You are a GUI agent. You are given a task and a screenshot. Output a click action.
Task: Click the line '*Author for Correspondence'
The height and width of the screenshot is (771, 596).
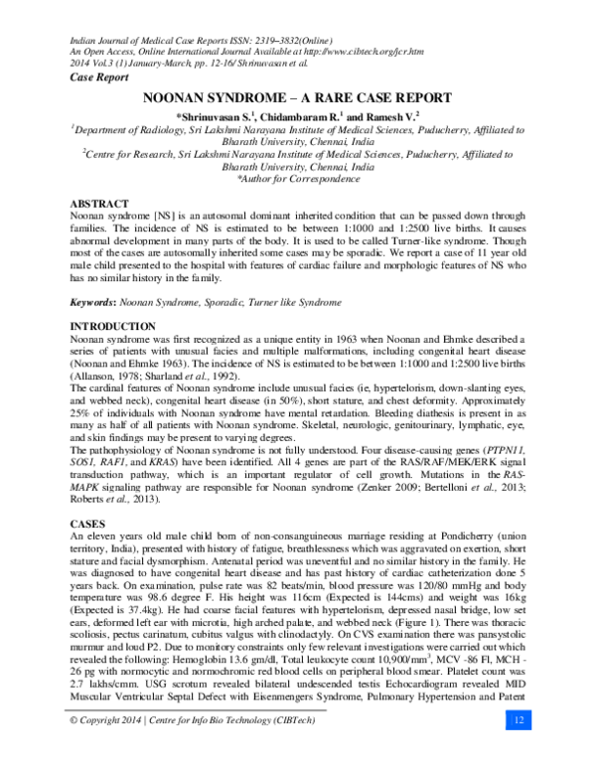click(298, 178)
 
